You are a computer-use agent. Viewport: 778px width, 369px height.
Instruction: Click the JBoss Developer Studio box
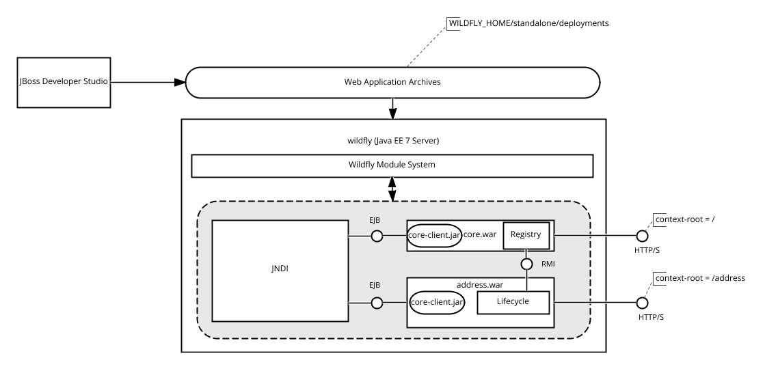click(64, 82)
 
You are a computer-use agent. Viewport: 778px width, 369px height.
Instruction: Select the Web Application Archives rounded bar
click(392, 82)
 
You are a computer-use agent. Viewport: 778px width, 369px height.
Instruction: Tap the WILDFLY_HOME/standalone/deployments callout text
click(529, 23)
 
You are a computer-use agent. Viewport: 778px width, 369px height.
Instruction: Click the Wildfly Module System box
click(392, 165)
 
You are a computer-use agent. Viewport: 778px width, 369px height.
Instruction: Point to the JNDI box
click(280, 271)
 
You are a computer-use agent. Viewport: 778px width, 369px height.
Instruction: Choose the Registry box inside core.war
click(526, 236)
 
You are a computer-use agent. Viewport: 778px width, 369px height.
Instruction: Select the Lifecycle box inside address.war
click(513, 303)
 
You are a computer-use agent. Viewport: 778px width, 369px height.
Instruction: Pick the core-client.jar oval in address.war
click(437, 303)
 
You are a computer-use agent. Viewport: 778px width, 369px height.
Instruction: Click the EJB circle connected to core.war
click(377, 236)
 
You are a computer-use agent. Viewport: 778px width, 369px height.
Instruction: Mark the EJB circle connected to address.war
click(377, 303)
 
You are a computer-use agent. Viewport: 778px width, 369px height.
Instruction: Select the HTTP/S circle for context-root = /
click(643, 236)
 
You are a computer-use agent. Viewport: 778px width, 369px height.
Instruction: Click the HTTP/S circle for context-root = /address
click(643, 303)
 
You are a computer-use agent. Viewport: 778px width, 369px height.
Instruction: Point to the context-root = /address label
click(700, 278)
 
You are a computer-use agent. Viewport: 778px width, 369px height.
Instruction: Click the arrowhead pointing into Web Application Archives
click(180, 82)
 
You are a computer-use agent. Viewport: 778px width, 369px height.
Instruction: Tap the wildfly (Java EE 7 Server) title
click(393, 141)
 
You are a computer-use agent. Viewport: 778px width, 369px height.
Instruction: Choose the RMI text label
click(548, 264)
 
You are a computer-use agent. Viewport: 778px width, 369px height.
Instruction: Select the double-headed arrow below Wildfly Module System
click(392, 189)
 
